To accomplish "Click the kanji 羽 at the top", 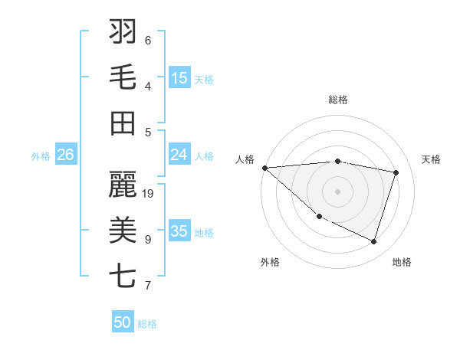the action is click(x=123, y=31).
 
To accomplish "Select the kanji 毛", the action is click(x=123, y=77).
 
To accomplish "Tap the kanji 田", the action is click(x=123, y=123).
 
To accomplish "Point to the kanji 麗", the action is click(x=123, y=184).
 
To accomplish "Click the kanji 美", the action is click(x=123, y=230).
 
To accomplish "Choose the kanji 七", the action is click(x=123, y=276).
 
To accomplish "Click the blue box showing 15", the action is click(x=179, y=78).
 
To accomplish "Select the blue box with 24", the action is click(x=179, y=155).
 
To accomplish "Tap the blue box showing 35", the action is click(x=179, y=231).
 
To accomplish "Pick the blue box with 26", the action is click(x=66, y=155).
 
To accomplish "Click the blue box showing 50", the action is click(x=123, y=322).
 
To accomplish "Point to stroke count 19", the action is click(x=148, y=194).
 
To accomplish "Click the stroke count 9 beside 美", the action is click(x=148, y=240).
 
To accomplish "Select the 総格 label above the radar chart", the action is click(x=338, y=100).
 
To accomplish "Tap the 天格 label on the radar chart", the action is click(x=432, y=159).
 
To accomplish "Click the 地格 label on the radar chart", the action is click(x=402, y=262).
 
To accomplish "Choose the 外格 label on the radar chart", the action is click(x=270, y=262).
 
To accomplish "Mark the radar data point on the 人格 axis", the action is click(x=264, y=167).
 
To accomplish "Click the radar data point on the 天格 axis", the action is click(x=396, y=172).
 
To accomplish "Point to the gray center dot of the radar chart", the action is click(x=337, y=191).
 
